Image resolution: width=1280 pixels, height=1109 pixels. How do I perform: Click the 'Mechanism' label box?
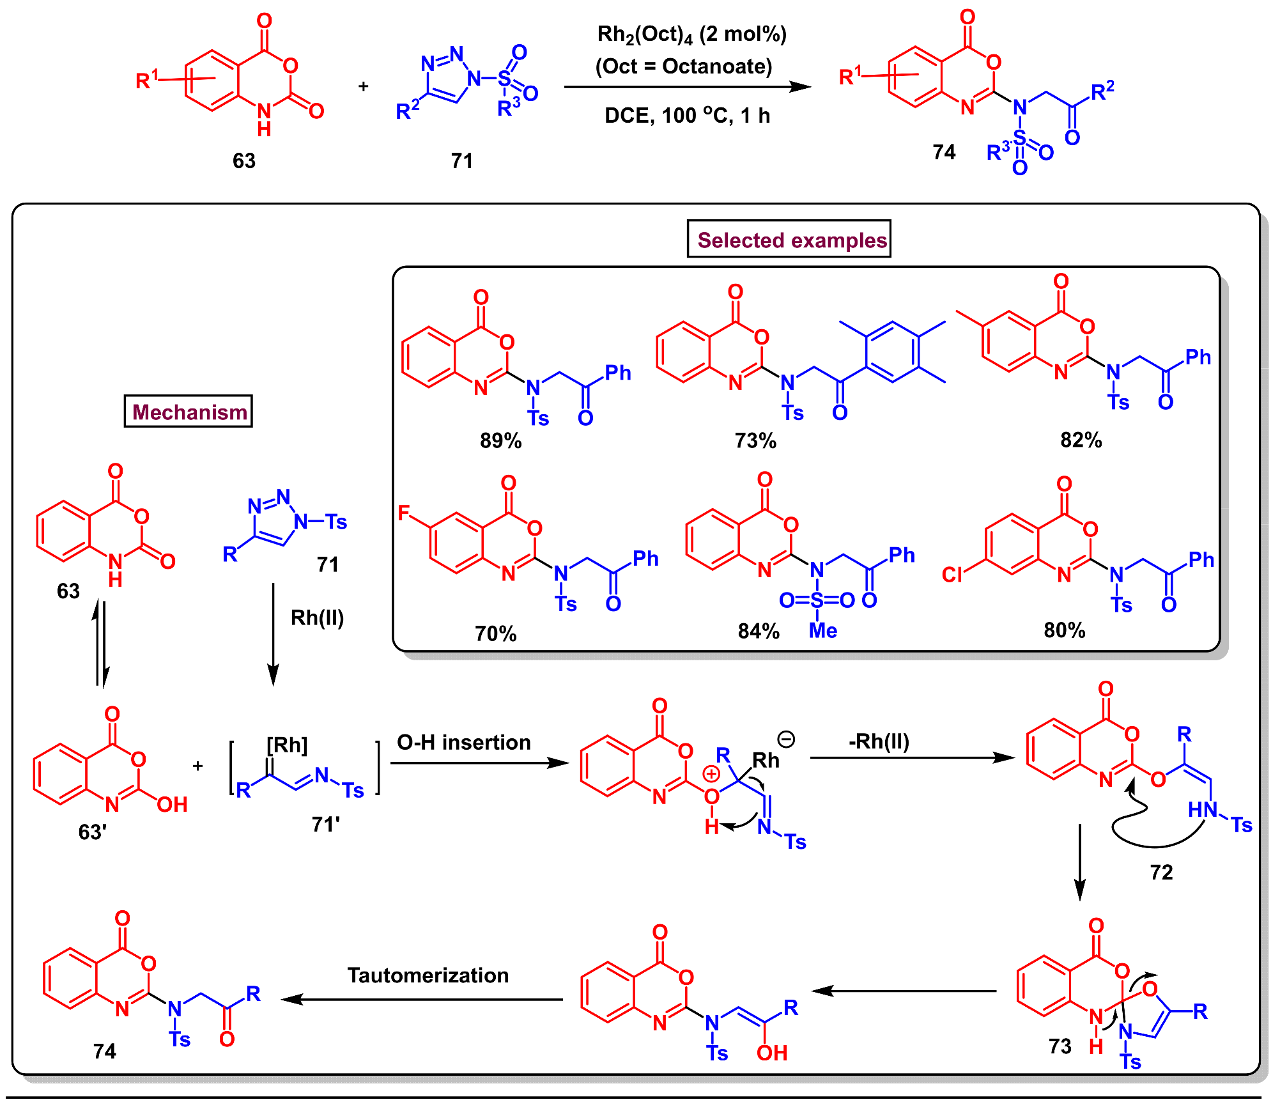[x=189, y=412]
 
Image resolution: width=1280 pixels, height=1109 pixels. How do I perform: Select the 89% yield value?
[x=500, y=440]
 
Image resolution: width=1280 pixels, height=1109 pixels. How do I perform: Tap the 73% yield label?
[x=755, y=440]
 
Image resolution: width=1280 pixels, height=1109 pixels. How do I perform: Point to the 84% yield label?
[x=758, y=631]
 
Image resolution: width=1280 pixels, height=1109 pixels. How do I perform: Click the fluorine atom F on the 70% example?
[x=404, y=513]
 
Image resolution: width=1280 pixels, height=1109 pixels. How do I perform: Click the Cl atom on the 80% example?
[x=952, y=574]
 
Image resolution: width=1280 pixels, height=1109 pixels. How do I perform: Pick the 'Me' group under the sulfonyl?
[x=822, y=631]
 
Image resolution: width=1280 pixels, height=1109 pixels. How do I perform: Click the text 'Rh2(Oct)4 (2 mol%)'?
[x=691, y=35]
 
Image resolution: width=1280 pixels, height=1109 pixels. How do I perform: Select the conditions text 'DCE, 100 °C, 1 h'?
[x=687, y=116]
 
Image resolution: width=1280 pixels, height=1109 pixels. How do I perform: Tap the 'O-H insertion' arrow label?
[x=463, y=742]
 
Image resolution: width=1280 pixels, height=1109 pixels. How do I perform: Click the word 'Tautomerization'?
[x=428, y=975]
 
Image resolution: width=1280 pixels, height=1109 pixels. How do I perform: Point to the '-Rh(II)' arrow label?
[x=879, y=741]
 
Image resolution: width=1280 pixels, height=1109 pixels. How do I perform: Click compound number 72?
[x=1161, y=872]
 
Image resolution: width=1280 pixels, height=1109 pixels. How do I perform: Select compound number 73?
[x=1060, y=1046]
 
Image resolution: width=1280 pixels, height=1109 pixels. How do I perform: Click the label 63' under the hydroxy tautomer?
[x=92, y=832]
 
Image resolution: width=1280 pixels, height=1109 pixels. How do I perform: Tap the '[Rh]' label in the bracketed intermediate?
[x=287, y=745]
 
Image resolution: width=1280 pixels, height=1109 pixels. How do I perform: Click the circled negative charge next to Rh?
[x=786, y=740]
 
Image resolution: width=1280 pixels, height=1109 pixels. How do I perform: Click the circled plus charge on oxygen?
[x=711, y=774]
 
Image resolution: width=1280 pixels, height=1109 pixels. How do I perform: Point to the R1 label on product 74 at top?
[x=850, y=76]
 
